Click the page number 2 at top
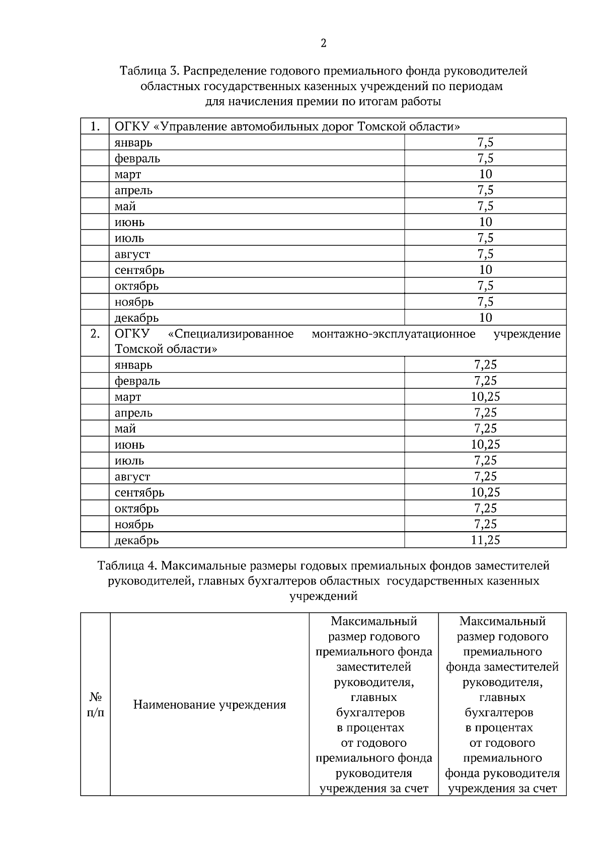click(x=323, y=43)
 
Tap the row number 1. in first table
click(x=95, y=126)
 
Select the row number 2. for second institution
click(x=95, y=334)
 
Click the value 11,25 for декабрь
click(x=485, y=540)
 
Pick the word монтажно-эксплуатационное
click(x=393, y=334)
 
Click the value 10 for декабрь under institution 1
click(x=485, y=318)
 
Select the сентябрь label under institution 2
click(x=139, y=492)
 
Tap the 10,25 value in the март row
click(x=485, y=397)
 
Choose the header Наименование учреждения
click(x=209, y=705)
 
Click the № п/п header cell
click(x=96, y=705)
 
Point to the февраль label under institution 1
click(x=137, y=159)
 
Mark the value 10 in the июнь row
click(x=485, y=222)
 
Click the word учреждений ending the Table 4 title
click(x=323, y=596)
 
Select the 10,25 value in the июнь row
click(x=485, y=445)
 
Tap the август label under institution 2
click(x=132, y=476)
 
